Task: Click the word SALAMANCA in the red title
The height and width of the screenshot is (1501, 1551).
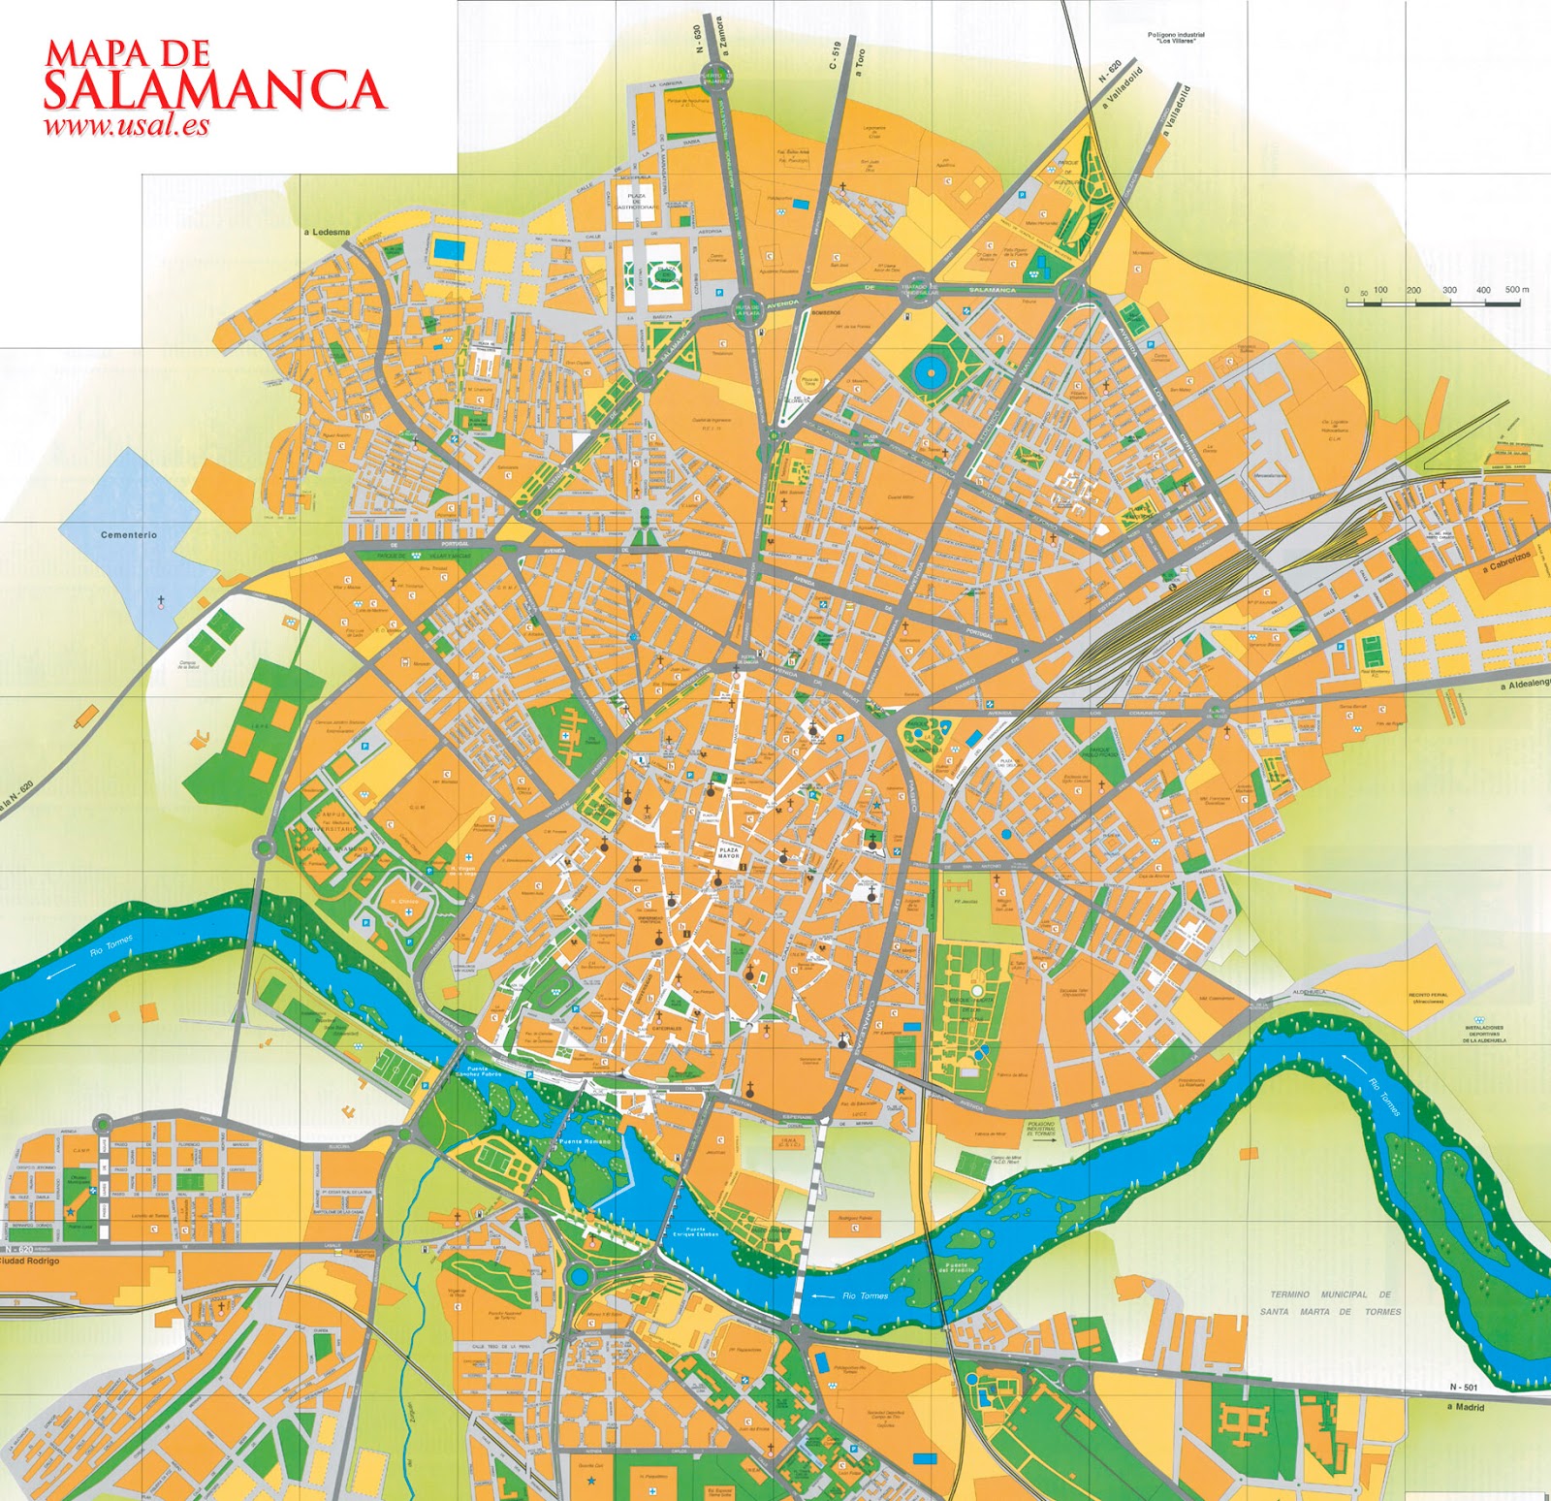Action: tap(214, 90)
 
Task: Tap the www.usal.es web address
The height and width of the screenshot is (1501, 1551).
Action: tap(126, 125)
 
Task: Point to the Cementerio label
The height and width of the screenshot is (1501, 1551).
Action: tap(128, 534)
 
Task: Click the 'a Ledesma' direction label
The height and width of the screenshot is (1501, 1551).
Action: tap(327, 233)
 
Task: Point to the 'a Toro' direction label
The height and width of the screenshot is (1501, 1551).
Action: tap(858, 62)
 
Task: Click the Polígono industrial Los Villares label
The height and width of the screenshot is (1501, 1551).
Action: tap(1176, 38)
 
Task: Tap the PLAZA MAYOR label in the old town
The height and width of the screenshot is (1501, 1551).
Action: tap(729, 853)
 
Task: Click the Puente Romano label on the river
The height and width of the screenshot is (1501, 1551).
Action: tap(585, 1142)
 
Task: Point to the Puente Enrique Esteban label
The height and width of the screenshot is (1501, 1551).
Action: tap(695, 1232)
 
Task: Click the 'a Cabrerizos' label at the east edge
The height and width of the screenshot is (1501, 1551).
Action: tap(1506, 561)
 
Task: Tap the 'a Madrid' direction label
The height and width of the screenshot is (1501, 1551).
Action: tap(1465, 1407)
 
